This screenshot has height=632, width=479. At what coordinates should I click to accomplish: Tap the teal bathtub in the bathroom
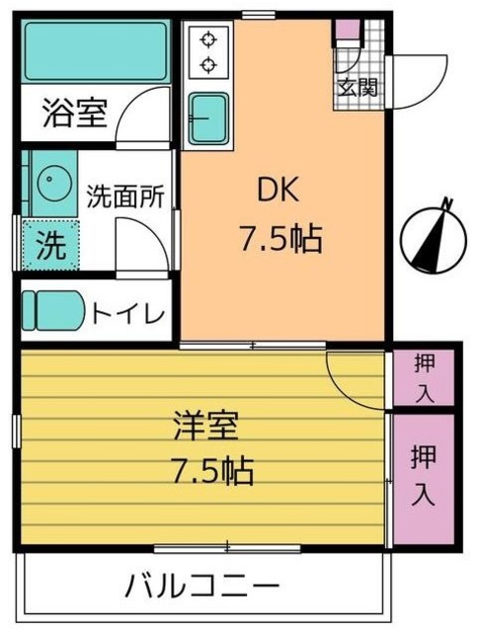[x=96, y=52]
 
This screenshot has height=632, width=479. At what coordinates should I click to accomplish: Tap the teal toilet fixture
[x=54, y=311]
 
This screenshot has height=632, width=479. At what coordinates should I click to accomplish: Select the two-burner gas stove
[x=207, y=52]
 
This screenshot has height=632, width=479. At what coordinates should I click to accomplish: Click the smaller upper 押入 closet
[x=423, y=378]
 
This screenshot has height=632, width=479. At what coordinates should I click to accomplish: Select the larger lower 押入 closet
[x=423, y=475]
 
